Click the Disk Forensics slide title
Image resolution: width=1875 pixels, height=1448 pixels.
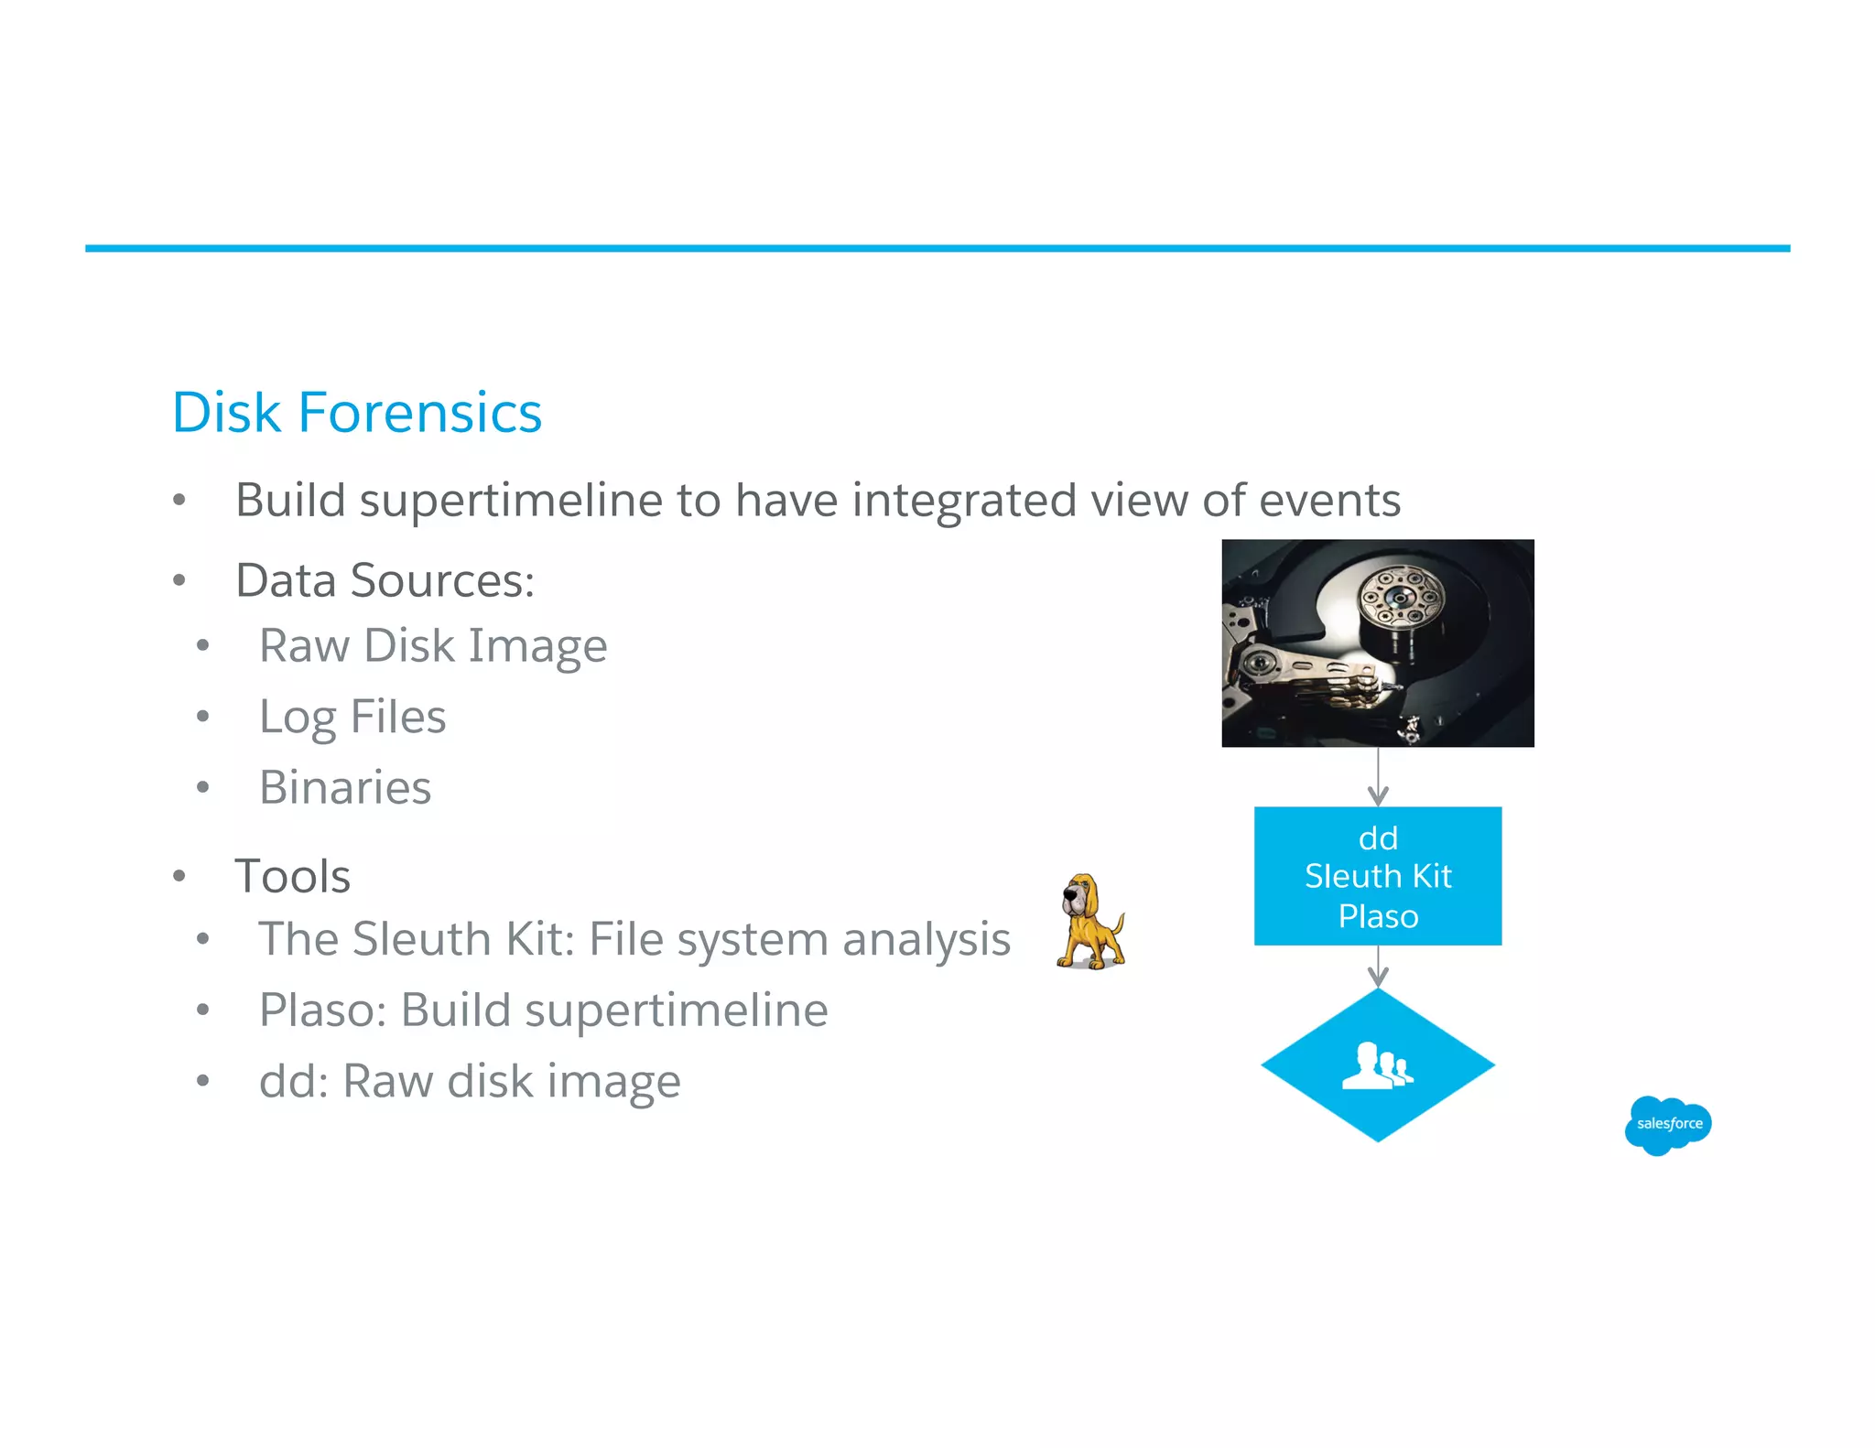tap(357, 413)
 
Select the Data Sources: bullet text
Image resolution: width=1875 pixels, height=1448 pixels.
tap(385, 580)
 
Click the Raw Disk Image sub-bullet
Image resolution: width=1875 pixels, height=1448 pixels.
tap(433, 646)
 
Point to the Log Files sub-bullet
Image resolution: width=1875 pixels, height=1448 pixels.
tap(352, 717)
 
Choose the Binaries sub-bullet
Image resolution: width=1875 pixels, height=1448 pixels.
tap(345, 787)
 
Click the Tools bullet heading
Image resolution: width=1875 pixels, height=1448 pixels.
tap(293, 876)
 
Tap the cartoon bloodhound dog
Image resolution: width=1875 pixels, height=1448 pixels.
tap(1089, 923)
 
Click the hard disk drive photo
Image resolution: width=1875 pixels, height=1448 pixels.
tap(1377, 643)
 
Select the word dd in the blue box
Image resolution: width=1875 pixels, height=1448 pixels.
tap(1378, 838)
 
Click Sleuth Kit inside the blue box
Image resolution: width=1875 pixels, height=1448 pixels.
tap(1378, 877)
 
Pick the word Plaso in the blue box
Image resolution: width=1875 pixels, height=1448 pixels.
tap(1378, 916)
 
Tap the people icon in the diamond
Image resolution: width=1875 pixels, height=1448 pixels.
tap(1377, 1065)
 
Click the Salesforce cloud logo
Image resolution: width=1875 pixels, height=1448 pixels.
tap(1668, 1124)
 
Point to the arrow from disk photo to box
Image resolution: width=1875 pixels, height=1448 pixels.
tap(1378, 777)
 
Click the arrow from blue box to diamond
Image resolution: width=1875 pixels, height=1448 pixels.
tap(1378, 967)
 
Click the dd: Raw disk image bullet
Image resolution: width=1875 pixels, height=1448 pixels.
tap(470, 1082)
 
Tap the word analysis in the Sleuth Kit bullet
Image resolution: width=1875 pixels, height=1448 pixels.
tap(926, 940)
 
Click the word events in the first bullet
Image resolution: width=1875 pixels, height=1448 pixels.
tap(1329, 501)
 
